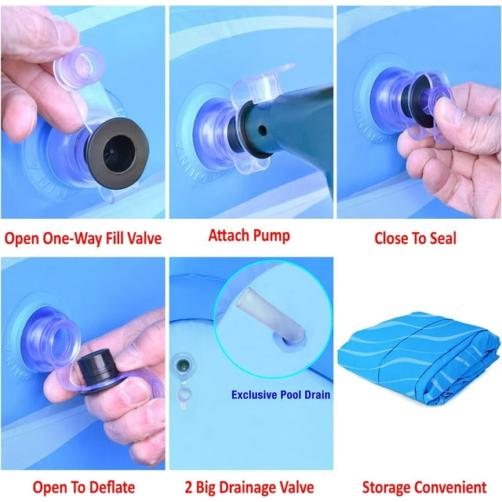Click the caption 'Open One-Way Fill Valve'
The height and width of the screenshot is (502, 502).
pos(83,238)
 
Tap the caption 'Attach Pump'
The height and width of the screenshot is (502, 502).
pos(249,235)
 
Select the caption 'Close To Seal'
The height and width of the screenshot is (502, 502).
pos(415,238)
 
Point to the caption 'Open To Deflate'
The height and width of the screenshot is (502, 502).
pos(84,488)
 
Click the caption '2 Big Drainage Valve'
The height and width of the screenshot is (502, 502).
pos(249,488)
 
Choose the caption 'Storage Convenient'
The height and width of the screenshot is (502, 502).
pos(424,488)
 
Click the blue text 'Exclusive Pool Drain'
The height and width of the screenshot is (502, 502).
pos(281,395)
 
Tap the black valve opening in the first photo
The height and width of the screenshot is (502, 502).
pos(118,153)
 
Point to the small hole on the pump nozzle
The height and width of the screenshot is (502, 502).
pos(262,130)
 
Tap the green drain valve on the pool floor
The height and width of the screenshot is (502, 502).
pos(183,365)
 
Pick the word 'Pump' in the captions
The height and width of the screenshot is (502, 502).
pos(271,236)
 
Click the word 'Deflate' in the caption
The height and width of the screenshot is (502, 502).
pos(112,488)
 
